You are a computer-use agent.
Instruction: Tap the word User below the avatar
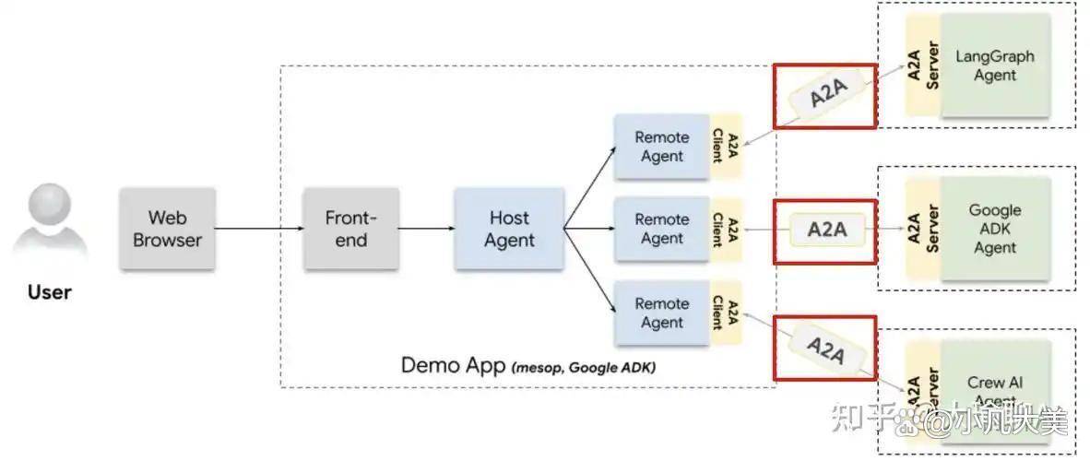point(50,292)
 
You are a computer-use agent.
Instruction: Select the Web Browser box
point(167,229)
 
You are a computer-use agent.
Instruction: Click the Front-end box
point(351,229)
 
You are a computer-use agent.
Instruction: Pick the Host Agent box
point(509,229)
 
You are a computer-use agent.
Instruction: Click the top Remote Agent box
point(661,146)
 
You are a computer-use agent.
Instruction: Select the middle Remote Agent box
point(661,229)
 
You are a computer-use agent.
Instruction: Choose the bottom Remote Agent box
point(661,313)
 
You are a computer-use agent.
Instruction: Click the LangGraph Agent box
point(995,65)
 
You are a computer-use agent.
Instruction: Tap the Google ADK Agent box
point(995,229)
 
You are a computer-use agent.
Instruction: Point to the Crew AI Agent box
point(995,389)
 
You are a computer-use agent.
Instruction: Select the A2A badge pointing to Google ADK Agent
point(826,230)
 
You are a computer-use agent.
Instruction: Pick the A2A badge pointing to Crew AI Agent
point(824,349)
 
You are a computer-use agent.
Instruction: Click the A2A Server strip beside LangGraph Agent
point(922,65)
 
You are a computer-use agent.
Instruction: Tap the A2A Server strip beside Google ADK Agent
point(922,229)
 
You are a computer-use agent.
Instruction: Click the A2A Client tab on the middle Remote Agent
point(725,229)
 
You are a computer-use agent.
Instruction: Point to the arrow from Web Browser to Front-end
point(259,229)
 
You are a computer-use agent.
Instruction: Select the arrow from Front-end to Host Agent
point(426,229)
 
